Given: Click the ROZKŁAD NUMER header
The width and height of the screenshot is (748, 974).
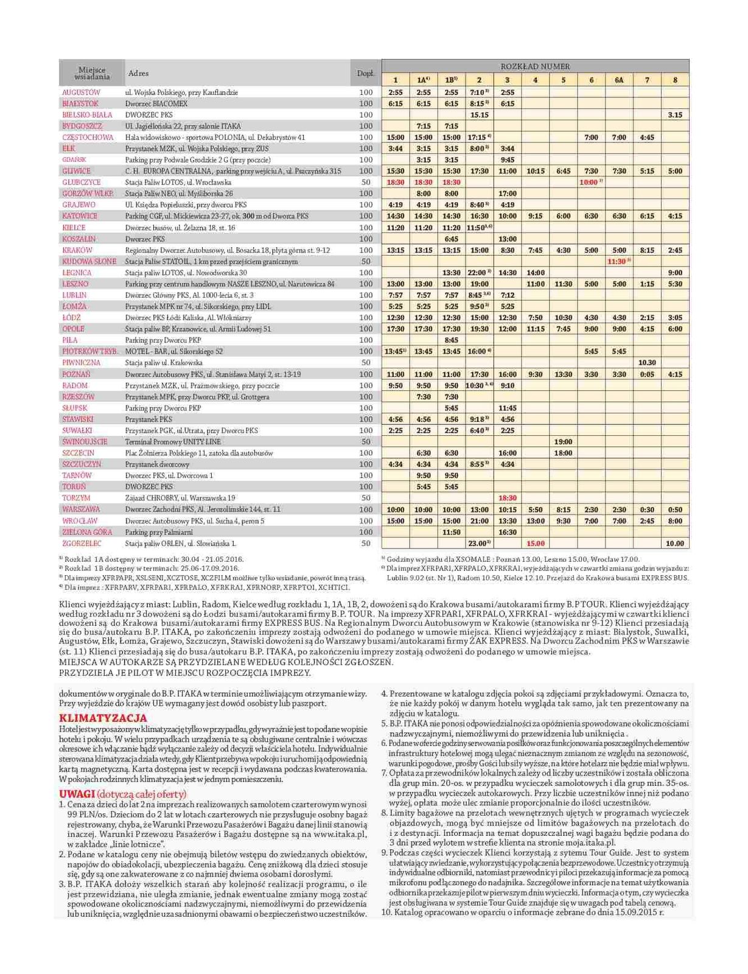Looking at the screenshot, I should (x=535, y=66).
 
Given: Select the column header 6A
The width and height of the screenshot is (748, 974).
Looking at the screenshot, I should (x=619, y=80).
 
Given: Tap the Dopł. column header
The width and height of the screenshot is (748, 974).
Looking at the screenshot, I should (x=365, y=74).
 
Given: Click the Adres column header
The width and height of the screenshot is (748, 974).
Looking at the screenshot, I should (x=139, y=74).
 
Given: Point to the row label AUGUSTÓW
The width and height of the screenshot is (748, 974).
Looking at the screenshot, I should (x=82, y=93).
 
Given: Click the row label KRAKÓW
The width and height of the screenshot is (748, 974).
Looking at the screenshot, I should (x=77, y=250).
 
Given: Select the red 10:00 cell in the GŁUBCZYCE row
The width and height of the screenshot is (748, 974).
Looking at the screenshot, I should (x=589, y=182).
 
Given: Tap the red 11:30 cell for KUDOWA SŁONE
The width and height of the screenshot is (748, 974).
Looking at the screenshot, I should (x=618, y=261).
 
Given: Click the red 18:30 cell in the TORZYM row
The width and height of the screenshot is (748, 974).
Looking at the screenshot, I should (x=507, y=498).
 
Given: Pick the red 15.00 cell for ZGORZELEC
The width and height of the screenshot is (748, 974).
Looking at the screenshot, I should (x=536, y=544).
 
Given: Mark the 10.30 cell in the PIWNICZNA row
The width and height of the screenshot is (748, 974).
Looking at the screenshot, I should (x=647, y=363).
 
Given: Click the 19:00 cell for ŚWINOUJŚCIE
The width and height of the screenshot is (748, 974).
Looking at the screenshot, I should (x=563, y=442).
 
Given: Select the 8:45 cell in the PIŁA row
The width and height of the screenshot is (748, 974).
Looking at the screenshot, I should (x=451, y=340).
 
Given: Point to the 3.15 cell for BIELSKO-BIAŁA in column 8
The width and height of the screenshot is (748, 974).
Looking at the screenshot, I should (x=675, y=114).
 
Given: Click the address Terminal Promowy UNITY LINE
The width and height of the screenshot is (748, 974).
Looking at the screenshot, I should (x=173, y=442).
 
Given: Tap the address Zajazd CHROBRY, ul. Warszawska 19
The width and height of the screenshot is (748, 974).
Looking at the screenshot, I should (x=180, y=498).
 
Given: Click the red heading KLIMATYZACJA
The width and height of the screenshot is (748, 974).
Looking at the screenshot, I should (x=103, y=718).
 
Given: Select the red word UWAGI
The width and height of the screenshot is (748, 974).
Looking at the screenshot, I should (x=77, y=794).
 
